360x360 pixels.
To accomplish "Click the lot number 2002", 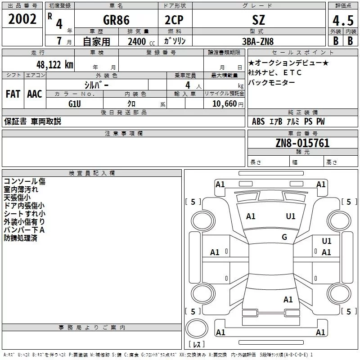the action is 22,19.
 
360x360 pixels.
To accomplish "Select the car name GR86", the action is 116,20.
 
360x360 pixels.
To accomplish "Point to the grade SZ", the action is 259,20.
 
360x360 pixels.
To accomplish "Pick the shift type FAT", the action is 13,94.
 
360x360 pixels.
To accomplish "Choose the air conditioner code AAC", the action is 35,94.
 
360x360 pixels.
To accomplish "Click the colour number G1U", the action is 75,103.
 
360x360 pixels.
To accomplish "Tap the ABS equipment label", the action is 258,121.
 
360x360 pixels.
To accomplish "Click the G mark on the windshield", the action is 284,237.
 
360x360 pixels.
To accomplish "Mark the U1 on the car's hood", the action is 291,216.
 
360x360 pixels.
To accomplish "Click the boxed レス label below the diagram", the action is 196,345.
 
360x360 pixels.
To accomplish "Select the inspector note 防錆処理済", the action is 20,238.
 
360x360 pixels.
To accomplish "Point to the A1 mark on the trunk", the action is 288,299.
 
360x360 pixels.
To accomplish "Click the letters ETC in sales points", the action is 292,72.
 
